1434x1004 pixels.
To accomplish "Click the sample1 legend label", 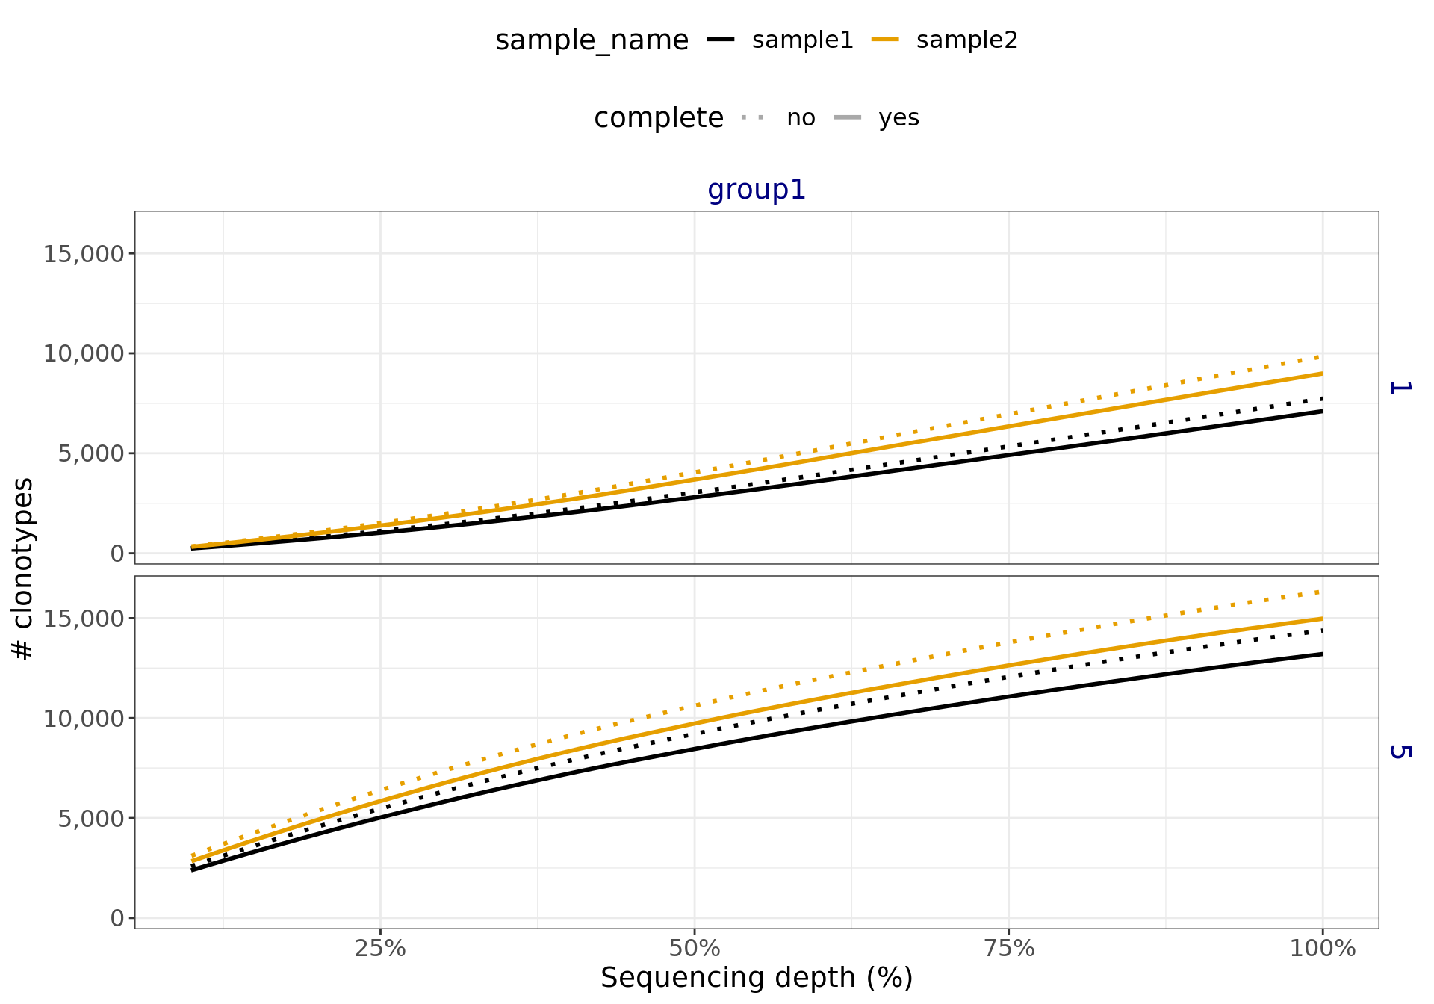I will click(x=802, y=40).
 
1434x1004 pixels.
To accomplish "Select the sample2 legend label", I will click(x=966, y=40).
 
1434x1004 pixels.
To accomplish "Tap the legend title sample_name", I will click(x=592, y=40).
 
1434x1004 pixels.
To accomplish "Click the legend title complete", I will click(x=658, y=118).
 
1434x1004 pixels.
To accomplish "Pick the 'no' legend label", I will click(x=801, y=118).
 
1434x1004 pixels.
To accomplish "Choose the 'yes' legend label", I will click(x=898, y=118).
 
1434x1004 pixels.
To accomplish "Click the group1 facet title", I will click(x=757, y=190).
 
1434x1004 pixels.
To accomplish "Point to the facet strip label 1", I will click(x=1399, y=387).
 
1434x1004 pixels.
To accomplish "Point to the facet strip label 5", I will click(x=1399, y=752).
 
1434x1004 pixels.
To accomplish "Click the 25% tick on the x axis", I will click(x=380, y=949).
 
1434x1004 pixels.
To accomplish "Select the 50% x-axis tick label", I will click(x=695, y=949).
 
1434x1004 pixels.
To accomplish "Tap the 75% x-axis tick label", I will click(x=1009, y=949).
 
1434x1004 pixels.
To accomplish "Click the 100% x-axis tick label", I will click(x=1323, y=949).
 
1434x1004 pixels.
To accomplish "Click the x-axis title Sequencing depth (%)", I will click(x=757, y=978).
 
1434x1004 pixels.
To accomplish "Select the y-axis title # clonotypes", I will click(x=23, y=568).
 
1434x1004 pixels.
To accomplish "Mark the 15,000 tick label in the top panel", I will click(x=84, y=254).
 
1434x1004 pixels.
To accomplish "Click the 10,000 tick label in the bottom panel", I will click(x=84, y=719).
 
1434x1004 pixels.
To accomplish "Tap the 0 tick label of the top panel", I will click(x=117, y=554).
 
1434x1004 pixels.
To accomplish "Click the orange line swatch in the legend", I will click(x=885, y=40).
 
